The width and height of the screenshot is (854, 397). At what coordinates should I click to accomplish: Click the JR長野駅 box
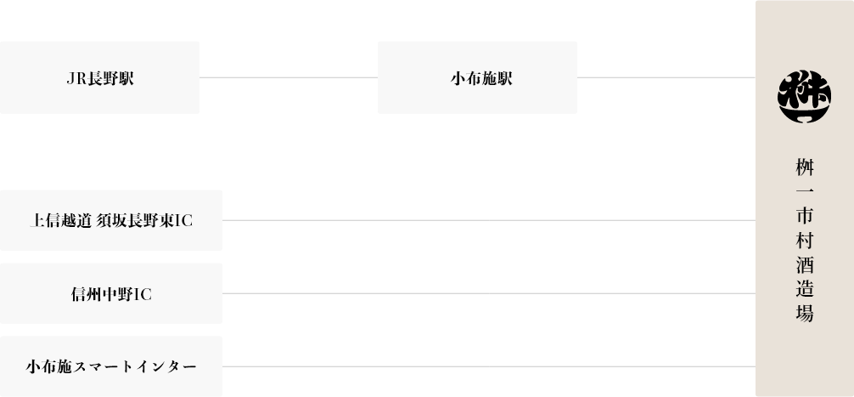pyautogui.click(x=99, y=78)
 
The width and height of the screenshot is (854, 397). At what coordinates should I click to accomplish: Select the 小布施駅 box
pyautogui.click(x=477, y=78)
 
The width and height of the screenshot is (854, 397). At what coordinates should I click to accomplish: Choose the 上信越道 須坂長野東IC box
pyautogui.click(x=111, y=220)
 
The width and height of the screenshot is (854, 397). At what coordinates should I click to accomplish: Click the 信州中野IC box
pyautogui.click(x=111, y=293)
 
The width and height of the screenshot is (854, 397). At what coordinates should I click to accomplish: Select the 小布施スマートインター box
pyautogui.click(x=111, y=366)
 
